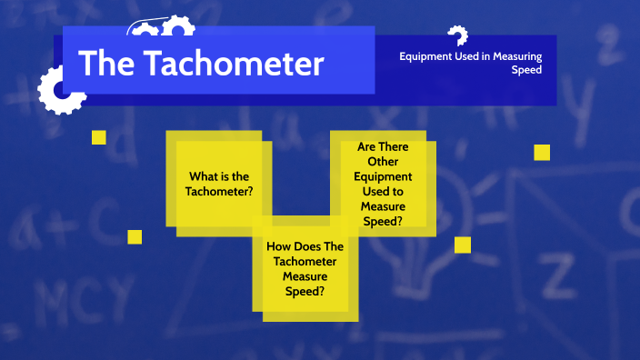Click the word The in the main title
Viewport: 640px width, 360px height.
coord(105,64)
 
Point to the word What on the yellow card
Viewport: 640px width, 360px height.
coord(204,176)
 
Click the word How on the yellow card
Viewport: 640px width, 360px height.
coord(279,246)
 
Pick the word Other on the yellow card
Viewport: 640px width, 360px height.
coord(382,161)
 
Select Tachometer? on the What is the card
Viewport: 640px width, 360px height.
coord(218,192)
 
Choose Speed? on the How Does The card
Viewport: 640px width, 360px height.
coord(304,292)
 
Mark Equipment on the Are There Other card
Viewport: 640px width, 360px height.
coord(382,175)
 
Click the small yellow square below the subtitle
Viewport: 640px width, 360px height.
coord(542,153)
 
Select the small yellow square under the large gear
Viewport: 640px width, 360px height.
coord(99,137)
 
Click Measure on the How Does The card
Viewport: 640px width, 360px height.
coord(304,276)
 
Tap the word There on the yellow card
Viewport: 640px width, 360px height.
coord(394,146)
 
